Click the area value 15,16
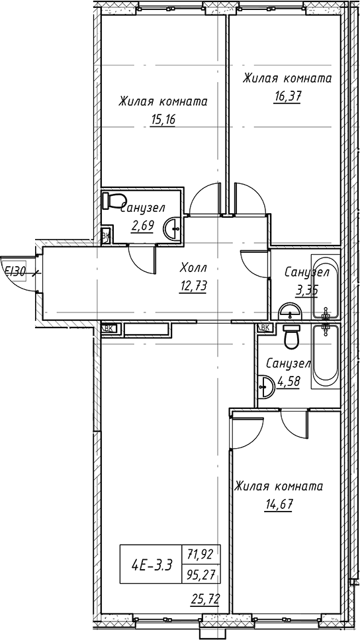pos(162,120)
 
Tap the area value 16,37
pos(287,97)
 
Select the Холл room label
pos(193,269)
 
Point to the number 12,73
pos(193,287)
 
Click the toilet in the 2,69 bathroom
pos(113,200)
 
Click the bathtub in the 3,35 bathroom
pos(326,286)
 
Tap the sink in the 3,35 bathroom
pos(290,312)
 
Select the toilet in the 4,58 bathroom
pos(292,337)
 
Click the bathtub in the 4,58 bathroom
pos(326,356)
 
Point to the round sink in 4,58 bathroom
pos(266,386)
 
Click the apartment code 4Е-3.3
pos(152,566)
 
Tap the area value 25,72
pos(205,599)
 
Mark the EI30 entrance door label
pos(15,271)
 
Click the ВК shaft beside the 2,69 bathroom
pos(106,236)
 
